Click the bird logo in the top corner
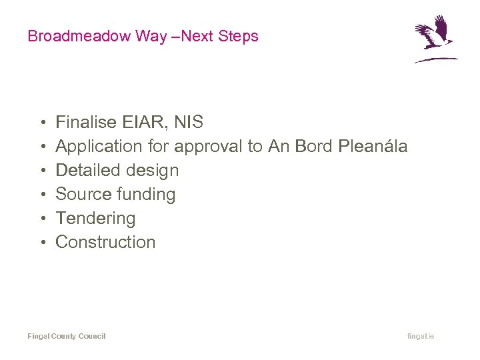(x=435, y=39)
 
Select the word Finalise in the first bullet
(x=86, y=122)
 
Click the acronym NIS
(x=188, y=122)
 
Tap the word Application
(x=99, y=146)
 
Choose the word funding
(x=146, y=195)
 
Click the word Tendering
(x=95, y=219)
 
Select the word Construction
(x=105, y=242)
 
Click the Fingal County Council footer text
(x=67, y=336)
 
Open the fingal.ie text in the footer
(x=421, y=336)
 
